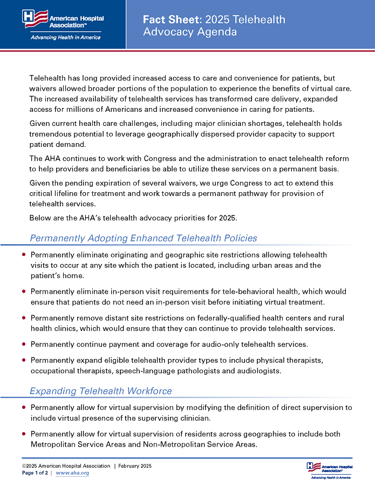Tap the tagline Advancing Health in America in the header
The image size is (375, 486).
click(65, 38)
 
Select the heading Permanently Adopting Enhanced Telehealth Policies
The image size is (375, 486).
click(143, 238)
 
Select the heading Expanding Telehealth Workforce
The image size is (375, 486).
click(101, 391)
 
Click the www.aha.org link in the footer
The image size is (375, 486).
click(72, 473)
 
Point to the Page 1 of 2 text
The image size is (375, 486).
click(35, 473)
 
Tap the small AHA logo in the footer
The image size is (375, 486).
click(329, 470)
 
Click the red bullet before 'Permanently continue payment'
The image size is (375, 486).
click(24, 343)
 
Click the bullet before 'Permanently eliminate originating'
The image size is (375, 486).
click(24, 254)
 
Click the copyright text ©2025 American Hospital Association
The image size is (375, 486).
click(66, 466)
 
